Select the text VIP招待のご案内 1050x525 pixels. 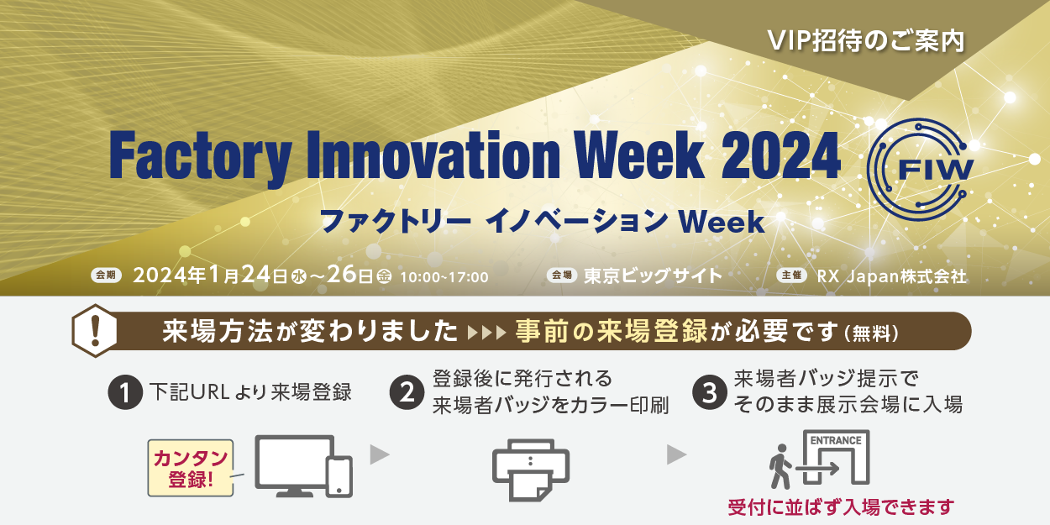point(866,41)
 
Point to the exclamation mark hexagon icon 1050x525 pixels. point(95,330)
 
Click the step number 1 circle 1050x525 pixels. point(125,393)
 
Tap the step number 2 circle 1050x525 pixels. point(407,393)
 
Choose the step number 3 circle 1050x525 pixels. point(710,393)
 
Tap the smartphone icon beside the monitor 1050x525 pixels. point(340,476)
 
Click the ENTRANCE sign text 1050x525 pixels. point(836,441)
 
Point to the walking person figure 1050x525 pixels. point(780,467)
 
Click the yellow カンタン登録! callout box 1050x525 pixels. point(191,468)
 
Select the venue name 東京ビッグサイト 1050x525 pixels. point(653,276)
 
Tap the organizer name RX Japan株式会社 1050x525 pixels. point(891,276)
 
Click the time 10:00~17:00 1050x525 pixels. point(444,277)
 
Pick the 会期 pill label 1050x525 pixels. point(106,276)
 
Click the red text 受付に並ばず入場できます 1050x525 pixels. point(841,507)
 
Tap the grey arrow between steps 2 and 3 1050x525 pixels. point(676,454)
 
